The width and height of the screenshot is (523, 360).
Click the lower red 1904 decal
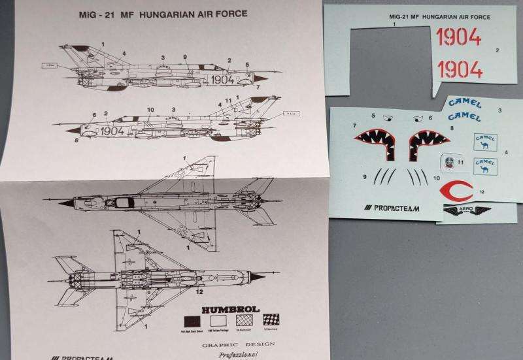click(460, 69)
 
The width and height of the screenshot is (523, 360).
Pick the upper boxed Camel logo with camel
click(484, 142)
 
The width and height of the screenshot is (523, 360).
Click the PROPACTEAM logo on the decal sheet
click(392, 208)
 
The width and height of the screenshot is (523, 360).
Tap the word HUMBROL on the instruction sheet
click(221, 309)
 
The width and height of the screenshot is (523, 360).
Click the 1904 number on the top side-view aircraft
click(222, 78)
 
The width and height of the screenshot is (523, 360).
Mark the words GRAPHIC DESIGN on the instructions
click(238, 344)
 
